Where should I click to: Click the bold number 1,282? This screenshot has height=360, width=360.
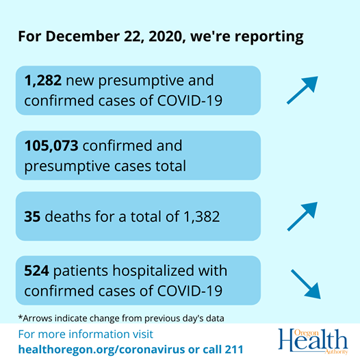[43, 81]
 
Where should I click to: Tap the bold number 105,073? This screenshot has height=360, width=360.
[51, 146]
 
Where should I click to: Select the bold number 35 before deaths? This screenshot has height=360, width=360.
[32, 216]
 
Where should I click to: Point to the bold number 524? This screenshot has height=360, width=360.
[36, 270]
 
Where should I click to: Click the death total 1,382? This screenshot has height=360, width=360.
[202, 217]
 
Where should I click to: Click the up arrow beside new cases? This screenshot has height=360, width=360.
[303, 90]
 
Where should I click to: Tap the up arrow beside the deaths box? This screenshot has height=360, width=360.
[303, 216]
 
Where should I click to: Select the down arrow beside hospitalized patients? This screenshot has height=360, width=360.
[306, 284]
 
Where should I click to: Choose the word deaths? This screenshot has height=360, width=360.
[68, 216]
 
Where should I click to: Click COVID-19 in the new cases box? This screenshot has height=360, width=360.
[190, 101]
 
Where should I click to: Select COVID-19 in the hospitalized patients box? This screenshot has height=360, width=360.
[190, 291]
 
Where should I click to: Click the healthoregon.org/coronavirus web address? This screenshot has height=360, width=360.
[102, 350]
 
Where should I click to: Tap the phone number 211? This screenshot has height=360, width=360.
[234, 350]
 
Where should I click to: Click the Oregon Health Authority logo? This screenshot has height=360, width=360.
[313, 342]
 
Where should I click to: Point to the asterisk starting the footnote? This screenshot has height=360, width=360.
[21, 317]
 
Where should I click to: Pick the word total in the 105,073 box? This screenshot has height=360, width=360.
[170, 166]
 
